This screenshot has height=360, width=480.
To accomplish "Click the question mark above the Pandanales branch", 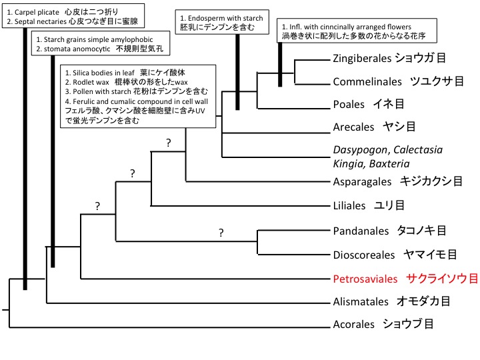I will point(221,233).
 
